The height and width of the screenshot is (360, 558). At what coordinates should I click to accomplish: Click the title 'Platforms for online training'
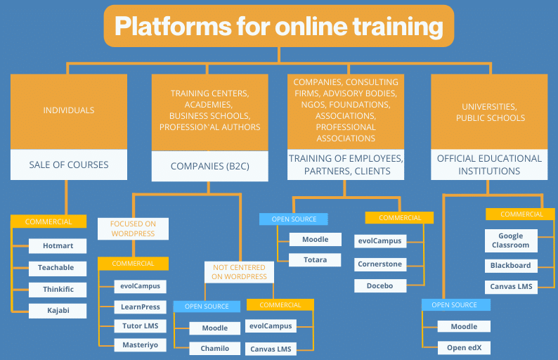click(279, 27)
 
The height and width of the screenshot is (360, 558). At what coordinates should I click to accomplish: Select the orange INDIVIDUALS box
click(69, 110)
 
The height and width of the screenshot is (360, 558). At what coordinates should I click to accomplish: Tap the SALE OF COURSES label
click(69, 165)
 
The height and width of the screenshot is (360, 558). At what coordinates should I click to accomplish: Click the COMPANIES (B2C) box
click(209, 167)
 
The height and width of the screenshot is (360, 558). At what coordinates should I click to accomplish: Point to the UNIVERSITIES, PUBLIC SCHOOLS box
click(490, 112)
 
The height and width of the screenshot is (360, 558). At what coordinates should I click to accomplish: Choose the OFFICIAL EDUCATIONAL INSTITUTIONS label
click(490, 165)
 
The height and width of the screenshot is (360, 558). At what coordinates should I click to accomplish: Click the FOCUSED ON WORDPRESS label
click(133, 229)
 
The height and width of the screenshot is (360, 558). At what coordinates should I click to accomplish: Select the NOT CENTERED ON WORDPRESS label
click(239, 272)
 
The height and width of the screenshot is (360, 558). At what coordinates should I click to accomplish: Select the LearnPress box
click(141, 307)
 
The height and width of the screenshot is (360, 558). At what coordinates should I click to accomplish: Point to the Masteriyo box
click(141, 345)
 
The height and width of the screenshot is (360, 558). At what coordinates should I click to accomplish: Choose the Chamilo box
click(215, 348)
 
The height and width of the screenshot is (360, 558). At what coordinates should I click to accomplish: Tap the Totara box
click(315, 260)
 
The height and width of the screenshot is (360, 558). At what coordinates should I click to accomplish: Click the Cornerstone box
click(379, 263)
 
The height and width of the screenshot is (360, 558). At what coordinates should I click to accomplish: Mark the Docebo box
click(379, 285)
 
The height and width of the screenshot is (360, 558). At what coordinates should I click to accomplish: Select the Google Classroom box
click(511, 240)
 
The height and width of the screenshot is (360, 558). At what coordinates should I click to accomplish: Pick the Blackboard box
click(511, 266)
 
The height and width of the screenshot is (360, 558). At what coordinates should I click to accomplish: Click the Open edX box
click(464, 347)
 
